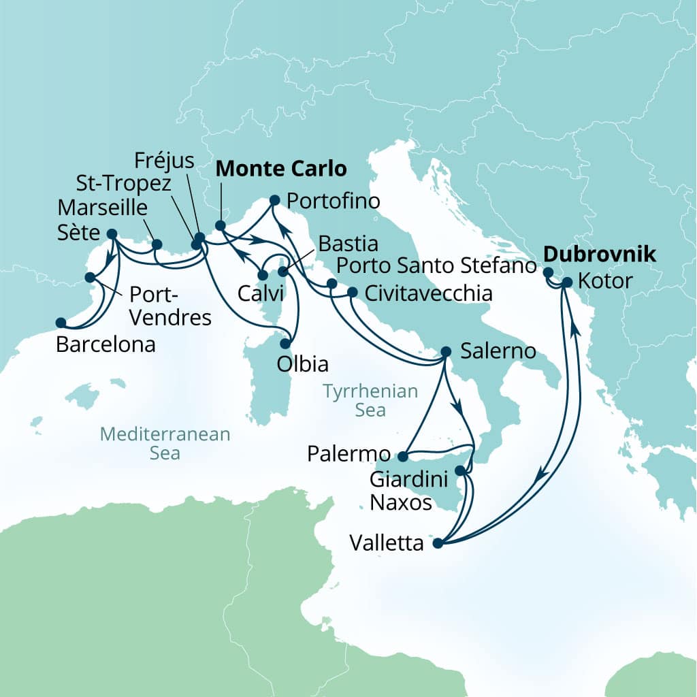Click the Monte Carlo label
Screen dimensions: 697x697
click(281, 168)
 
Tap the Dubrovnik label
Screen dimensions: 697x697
click(599, 255)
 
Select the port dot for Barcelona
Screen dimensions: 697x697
click(61, 323)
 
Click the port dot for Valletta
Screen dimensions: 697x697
click(438, 543)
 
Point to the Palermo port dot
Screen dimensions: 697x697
click(402, 456)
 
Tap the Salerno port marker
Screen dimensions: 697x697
click(445, 351)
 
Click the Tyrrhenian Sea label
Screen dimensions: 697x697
click(370, 400)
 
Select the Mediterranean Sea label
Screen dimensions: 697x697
click(165, 443)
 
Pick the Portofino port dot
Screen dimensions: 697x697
click(274, 200)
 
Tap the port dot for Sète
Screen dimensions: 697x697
click(112, 233)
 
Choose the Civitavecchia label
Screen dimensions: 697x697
click(428, 293)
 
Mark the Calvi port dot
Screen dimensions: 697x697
click(262, 276)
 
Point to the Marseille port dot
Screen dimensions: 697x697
click(157, 244)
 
